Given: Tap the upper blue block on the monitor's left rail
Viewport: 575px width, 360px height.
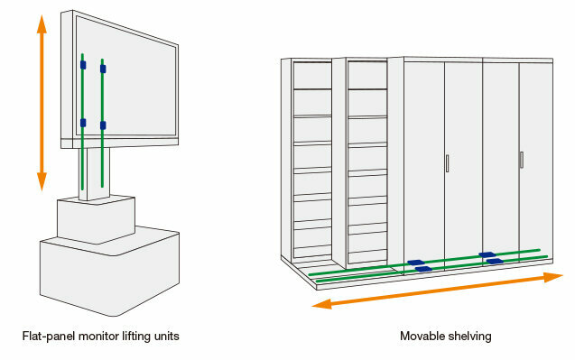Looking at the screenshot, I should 83,65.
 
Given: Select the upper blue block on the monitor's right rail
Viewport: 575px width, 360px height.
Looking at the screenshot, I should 103,68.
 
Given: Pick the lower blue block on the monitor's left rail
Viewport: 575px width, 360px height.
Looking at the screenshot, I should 83,123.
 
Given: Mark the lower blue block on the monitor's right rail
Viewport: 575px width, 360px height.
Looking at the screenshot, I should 103,125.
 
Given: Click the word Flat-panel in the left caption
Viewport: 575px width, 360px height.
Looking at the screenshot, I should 46,337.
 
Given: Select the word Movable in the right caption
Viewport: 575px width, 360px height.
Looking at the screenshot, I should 421,337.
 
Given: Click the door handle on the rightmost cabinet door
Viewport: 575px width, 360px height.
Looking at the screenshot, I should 521,160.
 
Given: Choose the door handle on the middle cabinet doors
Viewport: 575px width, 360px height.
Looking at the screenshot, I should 447,163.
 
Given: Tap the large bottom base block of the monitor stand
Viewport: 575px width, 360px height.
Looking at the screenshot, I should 108,271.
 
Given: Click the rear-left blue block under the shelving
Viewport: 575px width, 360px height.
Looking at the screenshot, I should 416,262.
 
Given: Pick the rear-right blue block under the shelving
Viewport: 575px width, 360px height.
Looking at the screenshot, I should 486,254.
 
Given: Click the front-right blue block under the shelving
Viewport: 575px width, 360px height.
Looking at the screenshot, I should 494,262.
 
